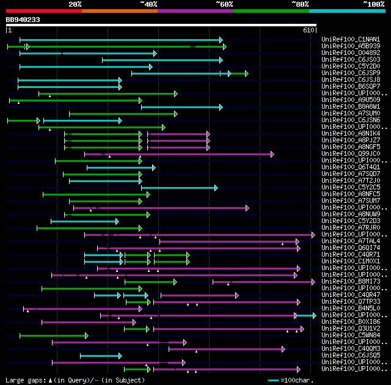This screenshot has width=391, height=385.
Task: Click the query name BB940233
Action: coord(23,20)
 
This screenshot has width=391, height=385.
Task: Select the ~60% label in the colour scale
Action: coord(224,4)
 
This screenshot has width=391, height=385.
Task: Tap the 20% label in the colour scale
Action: coord(75,4)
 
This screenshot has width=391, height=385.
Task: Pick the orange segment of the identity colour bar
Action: coord(120,11)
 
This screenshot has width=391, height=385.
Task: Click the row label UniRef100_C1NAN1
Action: coord(351,40)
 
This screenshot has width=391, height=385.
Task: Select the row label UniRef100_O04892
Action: coord(351,53)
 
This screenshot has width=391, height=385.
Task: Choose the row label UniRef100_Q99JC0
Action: coord(351,154)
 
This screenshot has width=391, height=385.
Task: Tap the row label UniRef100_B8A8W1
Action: coord(351,107)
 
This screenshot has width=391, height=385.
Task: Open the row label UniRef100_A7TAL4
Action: coord(351,241)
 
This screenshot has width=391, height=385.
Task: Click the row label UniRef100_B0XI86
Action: coord(351,321)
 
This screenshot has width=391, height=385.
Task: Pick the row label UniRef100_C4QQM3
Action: coord(351,349)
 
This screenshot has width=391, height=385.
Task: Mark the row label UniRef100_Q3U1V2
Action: coord(351,329)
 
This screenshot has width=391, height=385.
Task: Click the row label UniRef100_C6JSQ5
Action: coord(351,356)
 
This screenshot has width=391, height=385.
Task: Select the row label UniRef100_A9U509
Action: coord(351,100)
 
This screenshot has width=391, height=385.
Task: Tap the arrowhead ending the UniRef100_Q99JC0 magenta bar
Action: coord(272,154)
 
